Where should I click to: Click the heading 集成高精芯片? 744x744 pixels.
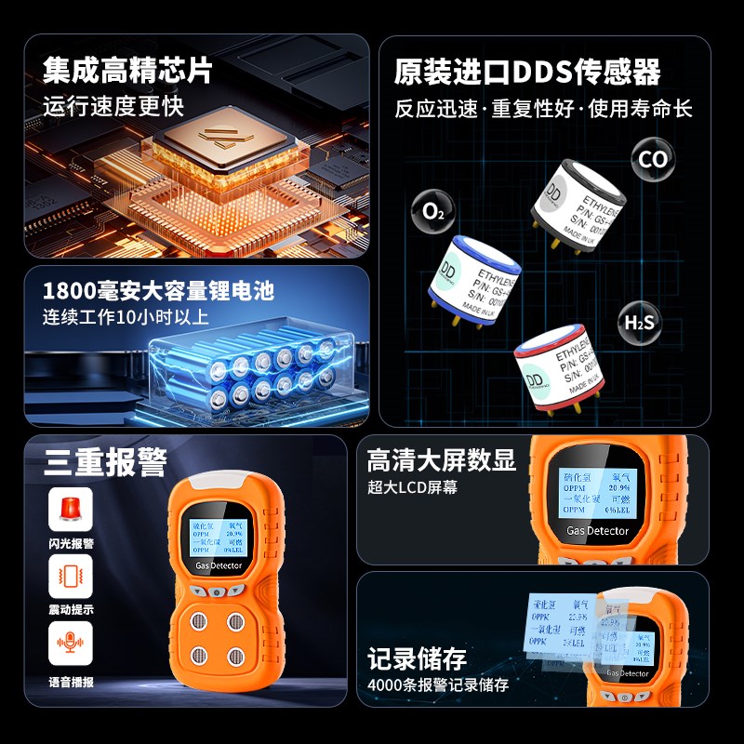(x=127, y=70)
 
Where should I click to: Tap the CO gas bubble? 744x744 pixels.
(x=652, y=159)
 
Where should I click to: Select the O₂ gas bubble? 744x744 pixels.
(x=433, y=211)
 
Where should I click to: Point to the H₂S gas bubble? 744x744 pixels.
(x=639, y=323)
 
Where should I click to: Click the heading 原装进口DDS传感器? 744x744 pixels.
(x=527, y=72)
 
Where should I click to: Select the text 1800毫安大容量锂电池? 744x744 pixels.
(x=158, y=290)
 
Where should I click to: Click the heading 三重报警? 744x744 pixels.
(x=105, y=462)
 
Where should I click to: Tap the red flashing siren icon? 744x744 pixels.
(x=72, y=510)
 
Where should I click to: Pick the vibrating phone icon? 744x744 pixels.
(x=72, y=577)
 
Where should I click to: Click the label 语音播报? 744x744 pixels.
(x=72, y=682)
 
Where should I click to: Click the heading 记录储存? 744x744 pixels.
(x=417, y=658)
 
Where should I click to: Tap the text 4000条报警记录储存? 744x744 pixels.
(x=438, y=685)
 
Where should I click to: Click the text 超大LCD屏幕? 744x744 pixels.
(x=412, y=487)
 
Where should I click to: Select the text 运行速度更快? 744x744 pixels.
(x=113, y=105)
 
